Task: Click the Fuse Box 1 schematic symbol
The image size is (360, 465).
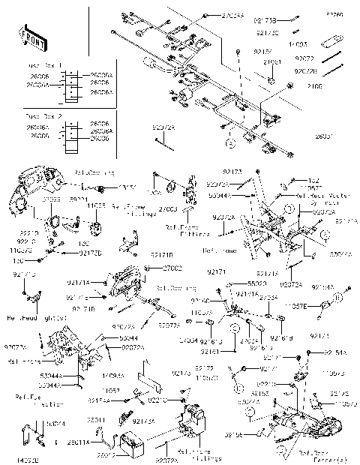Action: tap(70, 84)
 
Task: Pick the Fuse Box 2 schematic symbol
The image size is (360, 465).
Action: tap(70, 132)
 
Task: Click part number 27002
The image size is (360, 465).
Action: tap(172, 268)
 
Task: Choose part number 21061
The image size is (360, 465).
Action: tap(271, 62)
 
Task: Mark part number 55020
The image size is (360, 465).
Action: tap(256, 284)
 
